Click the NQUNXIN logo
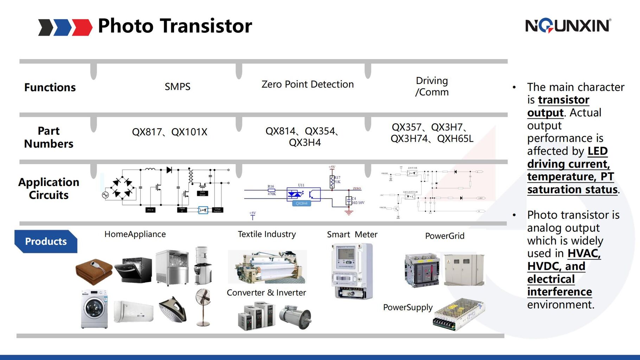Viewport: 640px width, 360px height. click(568, 26)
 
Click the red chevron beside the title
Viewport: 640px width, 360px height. click(82, 27)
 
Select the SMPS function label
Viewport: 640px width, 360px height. click(177, 86)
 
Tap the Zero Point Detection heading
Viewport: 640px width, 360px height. click(307, 84)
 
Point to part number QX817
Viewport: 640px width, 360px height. click(146, 132)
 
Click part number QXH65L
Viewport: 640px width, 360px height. click(455, 139)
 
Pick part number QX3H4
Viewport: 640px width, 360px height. click(305, 142)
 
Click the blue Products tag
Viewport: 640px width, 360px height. click(46, 242)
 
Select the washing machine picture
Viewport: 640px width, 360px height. click(94, 309)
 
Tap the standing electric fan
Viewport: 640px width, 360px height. click(204, 307)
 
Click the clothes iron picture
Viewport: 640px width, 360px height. click(173, 309)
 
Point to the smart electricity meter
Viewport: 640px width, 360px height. click(352, 271)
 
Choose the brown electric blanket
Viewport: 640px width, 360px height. click(94, 271)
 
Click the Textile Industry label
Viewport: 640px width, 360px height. click(267, 234)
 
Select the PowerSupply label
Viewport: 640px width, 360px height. click(408, 307)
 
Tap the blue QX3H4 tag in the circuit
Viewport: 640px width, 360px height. click(301, 203)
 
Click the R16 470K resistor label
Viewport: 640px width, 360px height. click(271, 190)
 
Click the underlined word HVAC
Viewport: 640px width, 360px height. click(584, 253)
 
